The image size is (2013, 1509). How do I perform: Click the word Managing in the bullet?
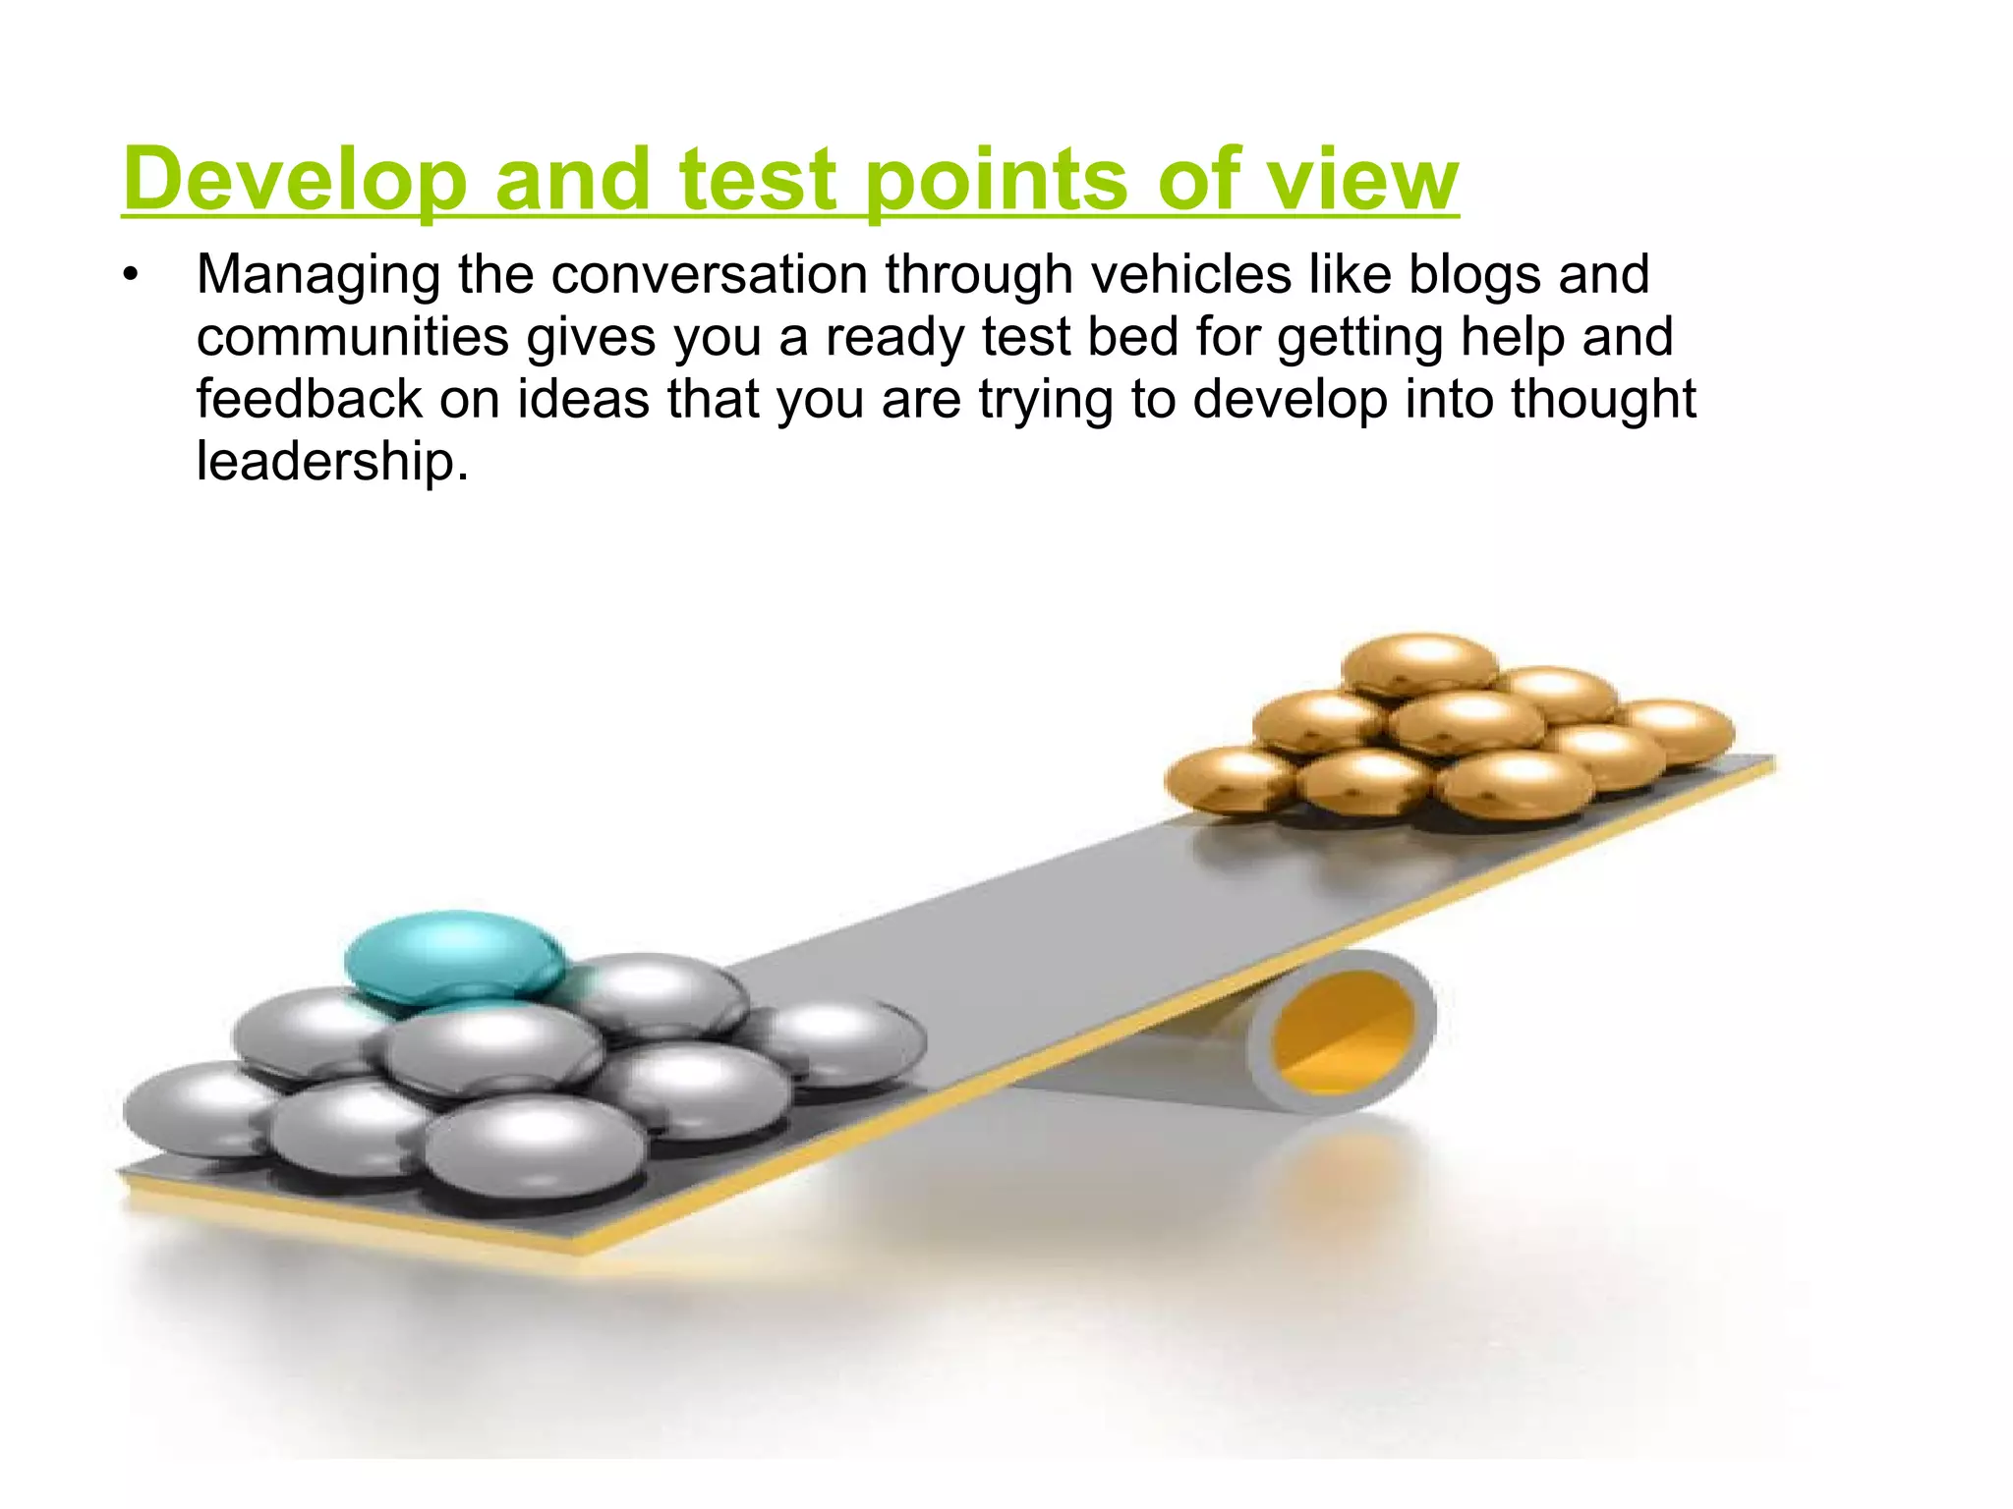pyautogui.click(x=317, y=276)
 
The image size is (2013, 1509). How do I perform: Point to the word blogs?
pyautogui.click(x=1474, y=276)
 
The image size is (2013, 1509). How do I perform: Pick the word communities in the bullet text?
pyautogui.click(x=352, y=337)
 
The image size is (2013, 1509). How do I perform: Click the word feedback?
pyautogui.click(x=309, y=399)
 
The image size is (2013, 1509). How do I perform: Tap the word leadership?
pyautogui.click(x=331, y=461)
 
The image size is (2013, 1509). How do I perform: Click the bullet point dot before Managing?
pyautogui.click(x=131, y=276)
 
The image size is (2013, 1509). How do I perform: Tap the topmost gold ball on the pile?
pyautogui.click(x=1419, y=663)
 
